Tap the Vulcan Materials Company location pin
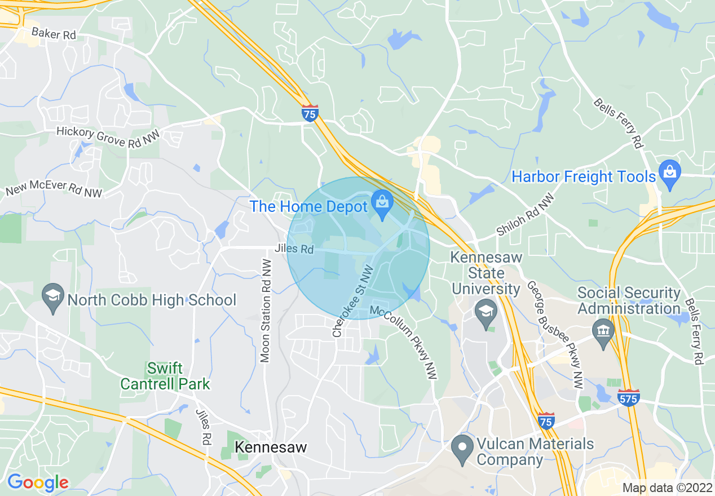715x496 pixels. coord(463,449)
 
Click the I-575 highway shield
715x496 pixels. coord(628,398)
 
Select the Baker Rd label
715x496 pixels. coord(54,34)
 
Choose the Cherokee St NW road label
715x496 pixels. coord(353,301)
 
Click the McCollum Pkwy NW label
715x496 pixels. coord(404,342)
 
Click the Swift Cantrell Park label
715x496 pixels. coord(165,377)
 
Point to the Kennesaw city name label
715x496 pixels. coord(271,448)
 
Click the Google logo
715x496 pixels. coord(38,482)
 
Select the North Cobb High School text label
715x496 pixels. coord(152,300)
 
